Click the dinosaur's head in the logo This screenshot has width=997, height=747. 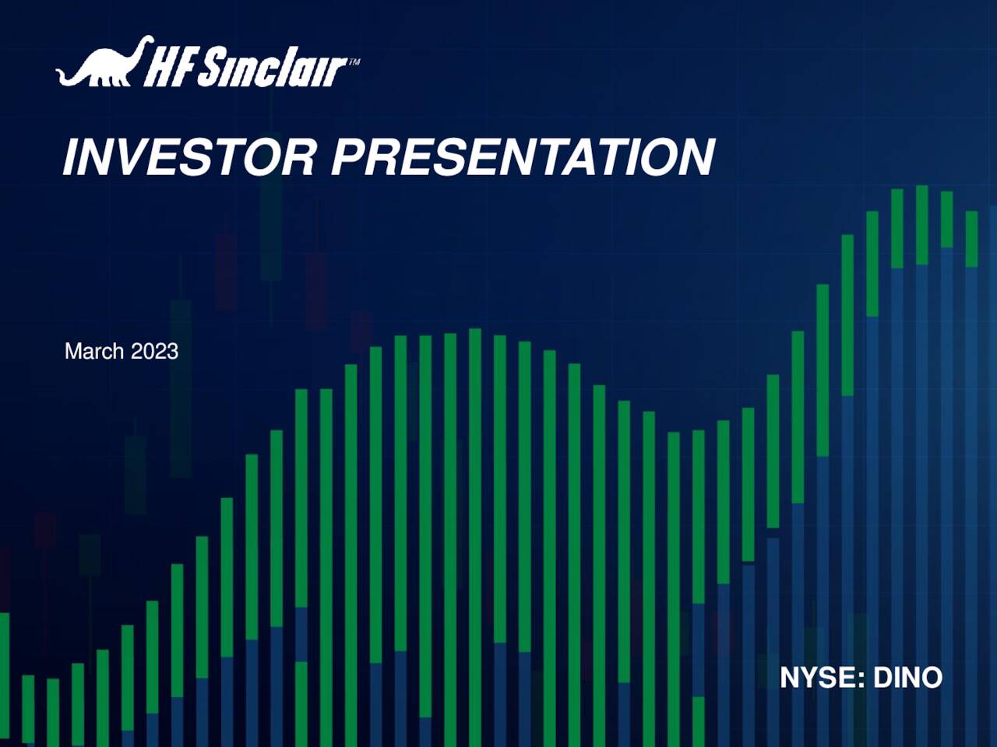pos(146,40)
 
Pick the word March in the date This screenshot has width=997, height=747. pos(94,352)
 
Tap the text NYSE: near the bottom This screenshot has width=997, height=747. pos(823,678)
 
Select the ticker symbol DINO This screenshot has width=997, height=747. pos(907,678)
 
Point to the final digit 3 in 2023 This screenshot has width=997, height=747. pos(172,352)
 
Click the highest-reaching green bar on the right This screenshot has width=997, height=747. pos(921,225)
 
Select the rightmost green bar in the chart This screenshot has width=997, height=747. pos(971,239)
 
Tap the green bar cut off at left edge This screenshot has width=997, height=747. pos(4,669)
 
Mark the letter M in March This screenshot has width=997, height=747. pos(72,352)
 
